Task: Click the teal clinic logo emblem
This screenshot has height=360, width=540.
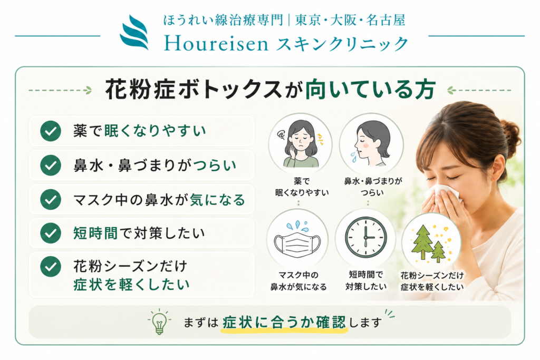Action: [x=134, y=33]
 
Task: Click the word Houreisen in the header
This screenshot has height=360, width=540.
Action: [x=216, y=44]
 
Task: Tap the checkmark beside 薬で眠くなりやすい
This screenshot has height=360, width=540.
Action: [x=51, y=131]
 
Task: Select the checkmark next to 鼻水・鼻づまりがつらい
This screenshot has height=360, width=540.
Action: [x=51, y=165]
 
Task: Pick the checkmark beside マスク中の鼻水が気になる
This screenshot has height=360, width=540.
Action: [x=51, y=199]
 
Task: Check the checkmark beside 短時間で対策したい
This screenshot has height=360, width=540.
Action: [x=51, y=233]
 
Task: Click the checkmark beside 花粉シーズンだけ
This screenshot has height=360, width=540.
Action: [x=51, y=267]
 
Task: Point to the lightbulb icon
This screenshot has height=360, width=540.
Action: [x=159, y=322]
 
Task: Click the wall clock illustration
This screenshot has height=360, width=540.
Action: [x=366, y=237]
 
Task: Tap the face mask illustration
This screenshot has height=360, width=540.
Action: [x=297, y=242]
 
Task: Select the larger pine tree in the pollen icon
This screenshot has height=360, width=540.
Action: [x=422, y=242]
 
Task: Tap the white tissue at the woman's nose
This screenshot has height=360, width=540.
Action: [x=444, y=193]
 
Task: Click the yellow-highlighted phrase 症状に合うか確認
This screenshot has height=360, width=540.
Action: [x=284, y=323]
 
